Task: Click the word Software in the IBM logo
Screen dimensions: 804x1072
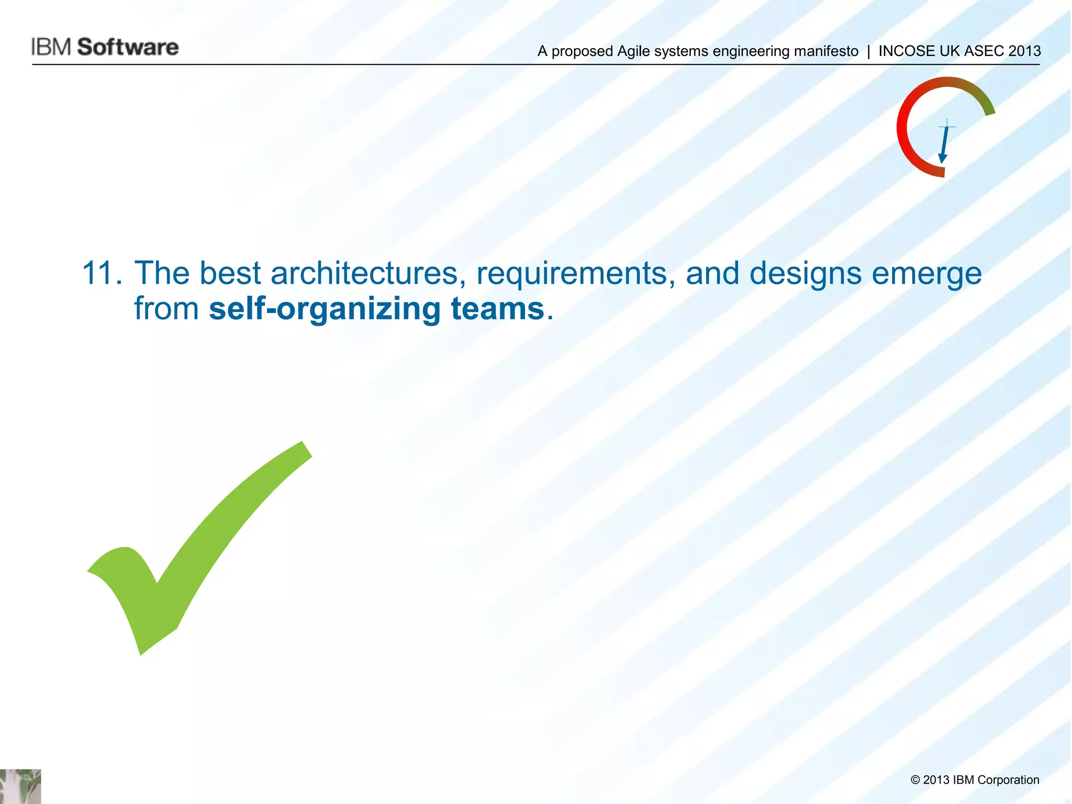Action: pos(128,47)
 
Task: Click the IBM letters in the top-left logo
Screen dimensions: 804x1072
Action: pos(51,47)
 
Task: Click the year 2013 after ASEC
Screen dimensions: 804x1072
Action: pos(1024,51)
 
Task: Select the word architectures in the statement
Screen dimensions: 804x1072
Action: pos(364,273)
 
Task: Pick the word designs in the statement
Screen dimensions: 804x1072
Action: pos(805,274)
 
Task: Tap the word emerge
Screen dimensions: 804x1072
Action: pos(926,274)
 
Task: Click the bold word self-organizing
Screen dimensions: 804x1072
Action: pos(325,309)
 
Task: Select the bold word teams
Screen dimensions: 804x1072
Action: pos(497,309)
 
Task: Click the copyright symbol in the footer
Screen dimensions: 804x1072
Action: pos(915,780)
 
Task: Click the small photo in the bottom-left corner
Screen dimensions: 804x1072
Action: pos(20,786)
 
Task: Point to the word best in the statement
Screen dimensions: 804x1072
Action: pos(230,273)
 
